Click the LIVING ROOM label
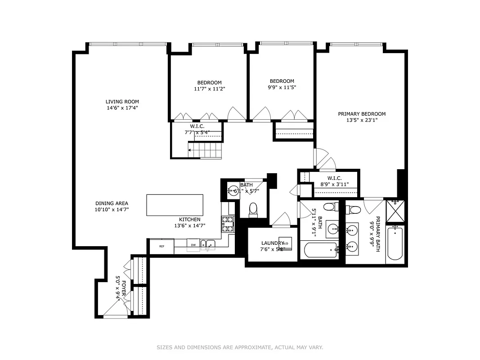(x=122, y=102)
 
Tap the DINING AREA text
(x=112, y=203)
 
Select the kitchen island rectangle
(x=175, y=205)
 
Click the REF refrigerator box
(x=161, y=246)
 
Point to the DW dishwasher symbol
(x=193, y=245)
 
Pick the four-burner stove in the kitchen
(x=227, y=224)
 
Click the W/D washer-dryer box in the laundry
(x=285, y=243)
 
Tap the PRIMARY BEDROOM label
(x=362, y=114)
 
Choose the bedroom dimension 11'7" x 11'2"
(x=209, y=89)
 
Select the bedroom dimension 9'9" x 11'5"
(x=282, y=88)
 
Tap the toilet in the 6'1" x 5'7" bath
(x=253, y=209)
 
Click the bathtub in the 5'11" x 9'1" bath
(x=319, y=250)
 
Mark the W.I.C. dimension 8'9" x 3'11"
(x=335, y=184)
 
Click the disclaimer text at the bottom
(x=240, y=347)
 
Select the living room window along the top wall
(x=128, y=44)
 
